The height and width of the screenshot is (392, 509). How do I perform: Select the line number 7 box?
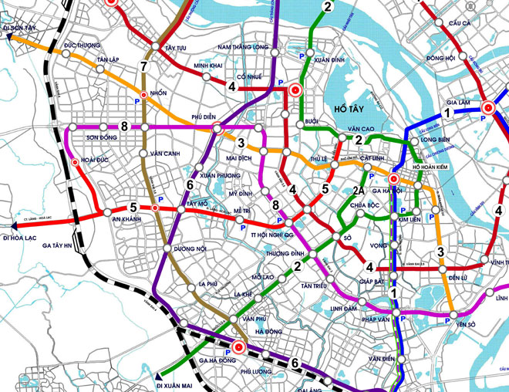pyautogui.click(x=143, y=66)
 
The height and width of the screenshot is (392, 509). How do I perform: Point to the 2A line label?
pyautogui.click(x=357, y=190)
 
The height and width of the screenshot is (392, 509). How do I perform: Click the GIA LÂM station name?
pyautogui.click(x=460, y=100)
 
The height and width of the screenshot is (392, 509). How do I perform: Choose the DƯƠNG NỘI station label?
pyautogui.click(x=190, y=249)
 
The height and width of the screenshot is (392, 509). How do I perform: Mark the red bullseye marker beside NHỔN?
pyautogui.click(x=143, y=94)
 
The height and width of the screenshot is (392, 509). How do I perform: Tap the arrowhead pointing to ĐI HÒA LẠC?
pyautogui.click(x=5, y=226)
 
